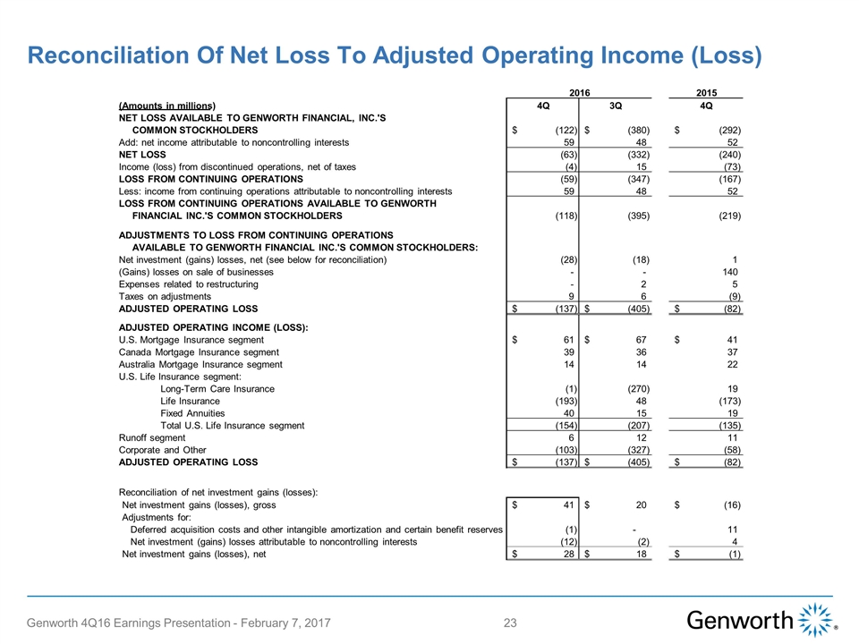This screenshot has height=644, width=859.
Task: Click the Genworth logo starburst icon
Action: click(815, 620)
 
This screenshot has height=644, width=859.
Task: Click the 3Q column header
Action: click(617, 106)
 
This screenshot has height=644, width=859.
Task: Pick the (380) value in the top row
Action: click(636, 131)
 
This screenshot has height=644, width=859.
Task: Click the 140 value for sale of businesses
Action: click(730, 271)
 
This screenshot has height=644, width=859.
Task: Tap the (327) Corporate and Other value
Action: click(636, 450)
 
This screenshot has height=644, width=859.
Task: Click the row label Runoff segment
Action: click(152, 437)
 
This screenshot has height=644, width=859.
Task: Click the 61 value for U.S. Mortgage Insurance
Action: click(569, 340)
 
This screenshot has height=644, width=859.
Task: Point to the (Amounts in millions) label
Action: click(167, 106)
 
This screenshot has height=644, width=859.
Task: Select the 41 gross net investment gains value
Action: click(569, 505)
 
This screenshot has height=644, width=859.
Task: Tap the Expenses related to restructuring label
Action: click(189, 284)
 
